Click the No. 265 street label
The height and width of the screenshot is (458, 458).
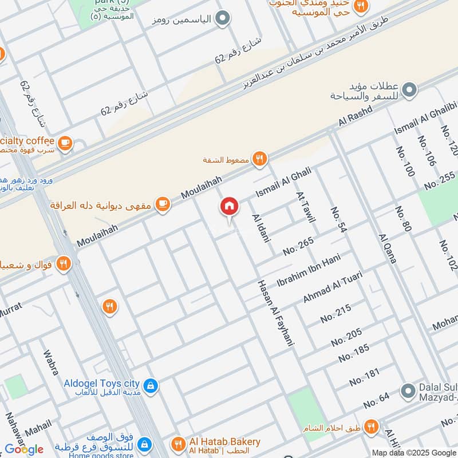click(x=298, y=246)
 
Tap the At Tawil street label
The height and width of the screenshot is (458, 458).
click(x=305, y=207)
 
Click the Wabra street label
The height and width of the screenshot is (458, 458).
click(x=51, y=361)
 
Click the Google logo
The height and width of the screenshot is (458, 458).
click(x=24, y=449)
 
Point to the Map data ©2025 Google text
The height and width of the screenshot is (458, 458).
click(x=413, y=452)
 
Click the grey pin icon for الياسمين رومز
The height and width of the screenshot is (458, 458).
click(x=225, y=19)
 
